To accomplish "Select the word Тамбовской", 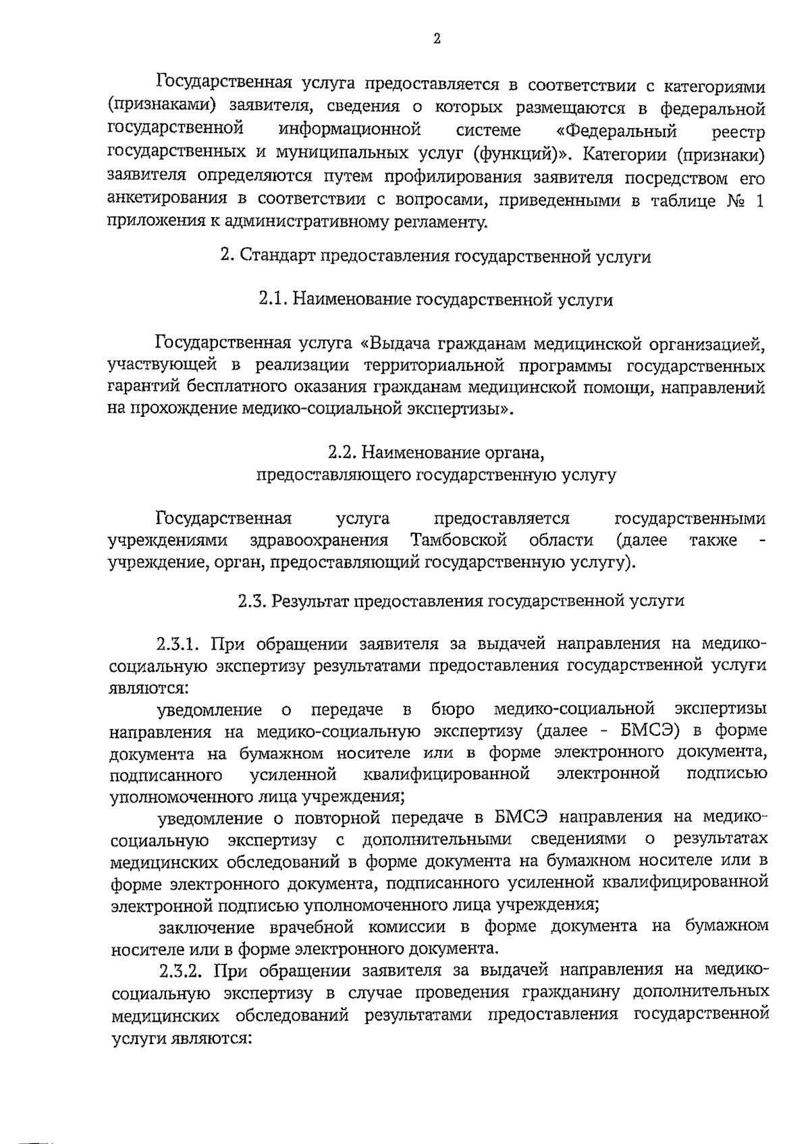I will pos(458,540).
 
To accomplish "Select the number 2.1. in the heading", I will pos(274,300).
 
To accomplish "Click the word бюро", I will pos(452,710).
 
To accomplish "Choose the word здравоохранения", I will pos(319,540).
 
